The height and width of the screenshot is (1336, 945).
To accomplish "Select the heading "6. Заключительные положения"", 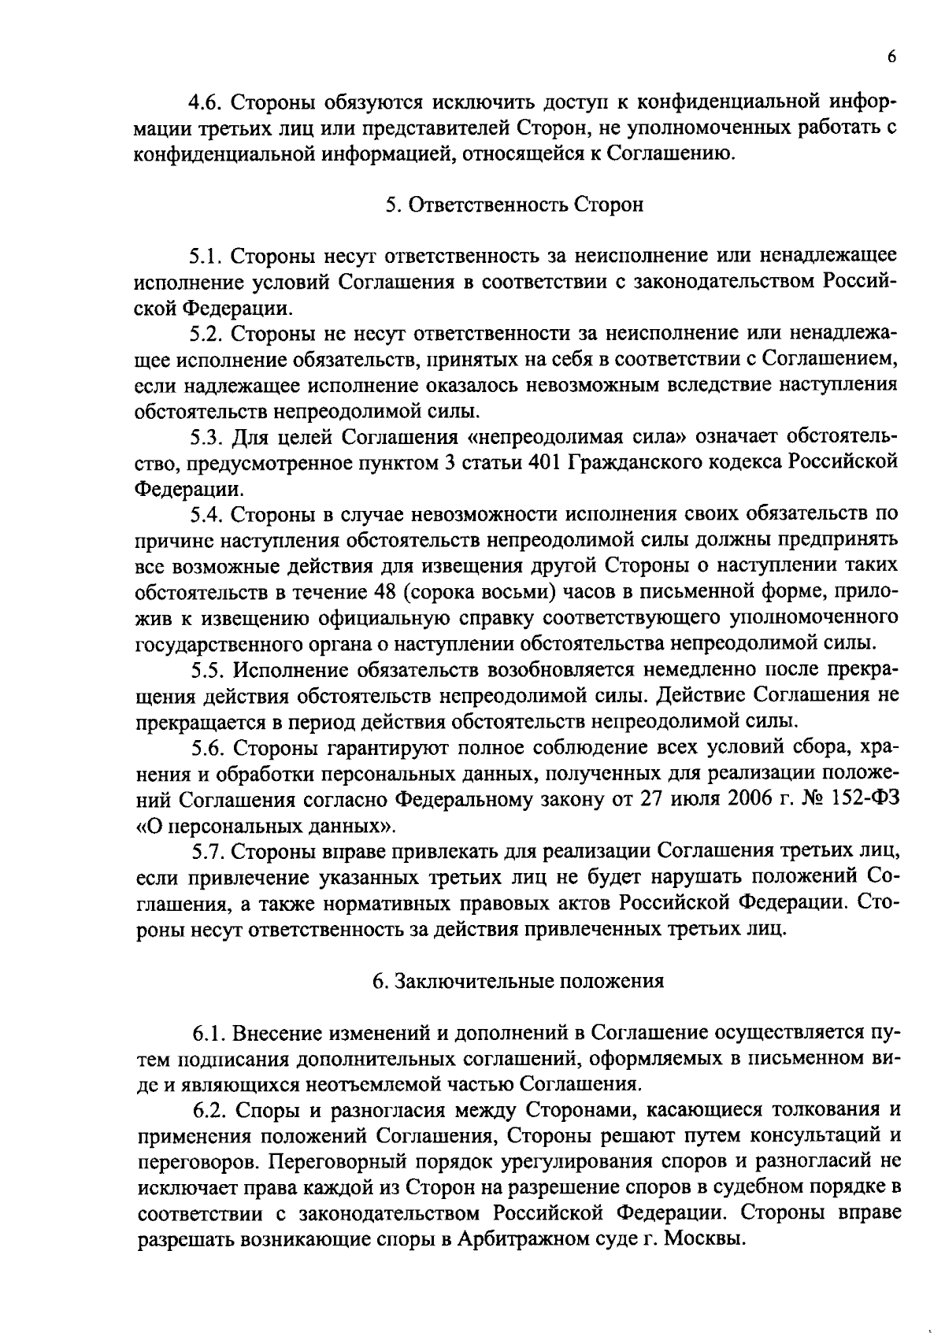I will coord(517,981).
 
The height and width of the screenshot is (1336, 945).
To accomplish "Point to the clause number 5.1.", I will coord(207,256).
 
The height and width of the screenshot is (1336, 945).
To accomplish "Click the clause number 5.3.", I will coord(207,436).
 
